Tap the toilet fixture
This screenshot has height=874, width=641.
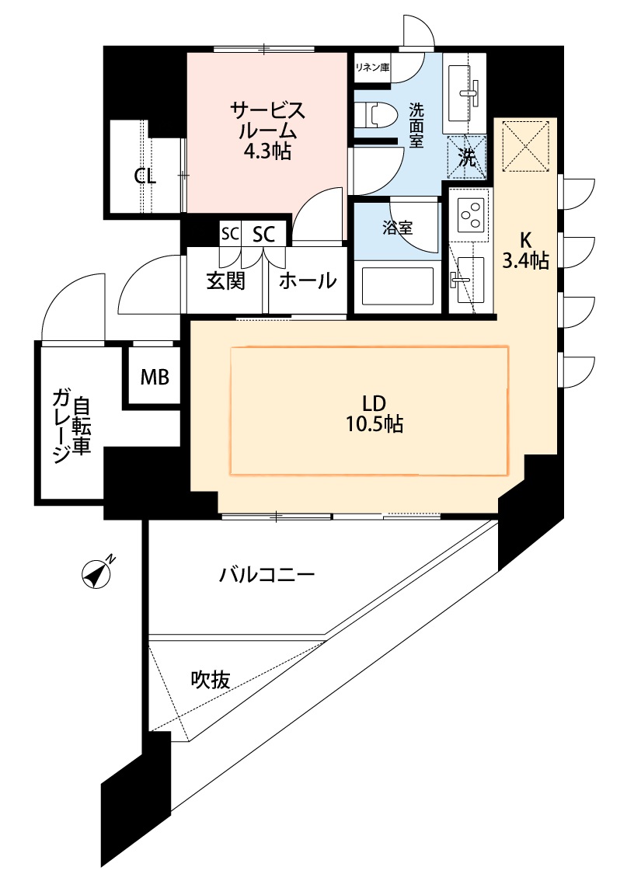[375, 116]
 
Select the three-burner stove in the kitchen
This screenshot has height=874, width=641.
[471, 214]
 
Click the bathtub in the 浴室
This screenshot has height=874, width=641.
[398, 287]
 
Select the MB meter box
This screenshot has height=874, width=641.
[155, 378]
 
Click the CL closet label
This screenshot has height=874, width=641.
[145, 176]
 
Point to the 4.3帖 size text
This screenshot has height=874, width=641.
[267, 151]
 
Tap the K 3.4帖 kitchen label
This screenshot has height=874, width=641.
[525, 250]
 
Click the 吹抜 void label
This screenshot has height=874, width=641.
[210, 679]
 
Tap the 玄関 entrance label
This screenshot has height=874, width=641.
[226, 280]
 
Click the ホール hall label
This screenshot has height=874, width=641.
[308, 280]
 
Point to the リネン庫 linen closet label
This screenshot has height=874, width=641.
[372, 68]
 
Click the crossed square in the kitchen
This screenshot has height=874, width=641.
[525, 147]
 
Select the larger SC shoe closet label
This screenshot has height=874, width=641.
[263, 235]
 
